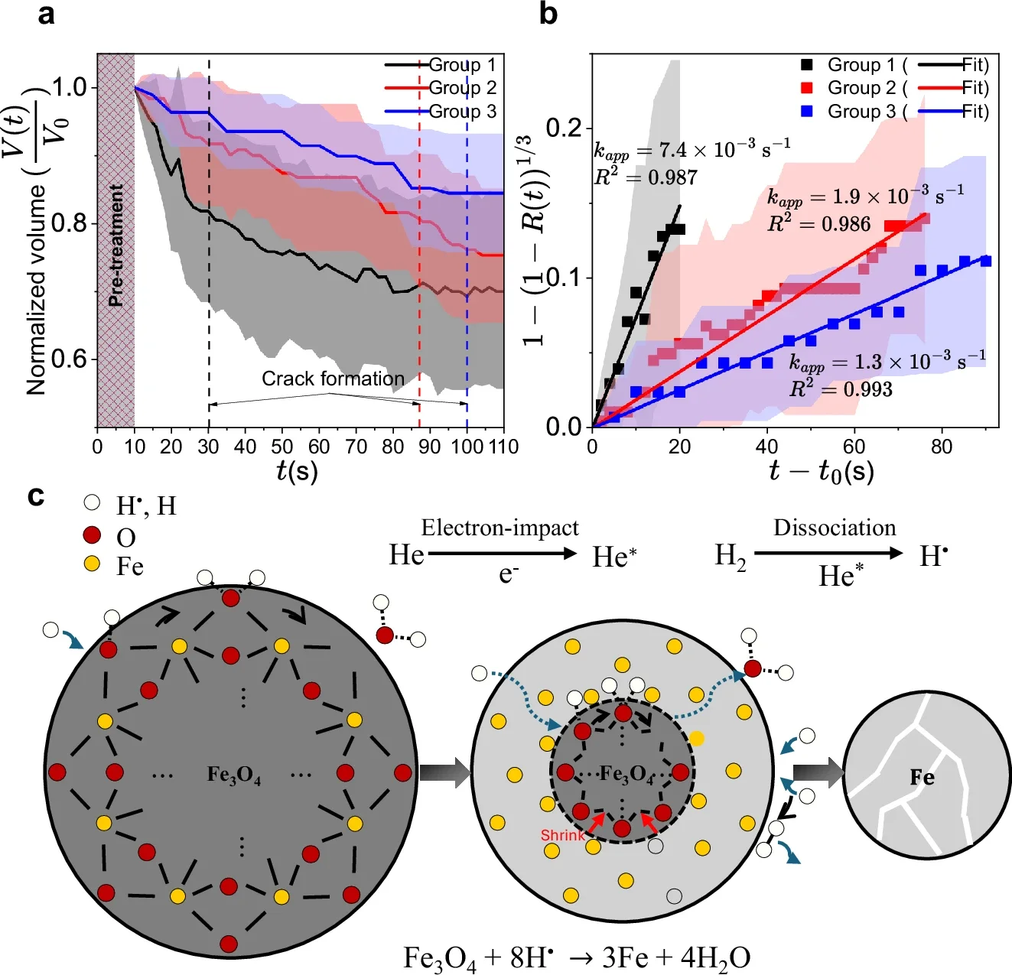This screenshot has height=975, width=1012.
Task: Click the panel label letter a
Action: pos(46,14)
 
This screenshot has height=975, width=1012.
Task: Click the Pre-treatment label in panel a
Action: pos(116,245)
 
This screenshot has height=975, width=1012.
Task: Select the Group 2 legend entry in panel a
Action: pos(462,88)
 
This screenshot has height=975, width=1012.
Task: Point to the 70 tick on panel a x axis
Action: pos(356,447)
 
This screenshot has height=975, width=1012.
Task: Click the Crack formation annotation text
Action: pos(333,379)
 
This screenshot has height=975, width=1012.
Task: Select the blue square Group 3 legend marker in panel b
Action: pos(806,112)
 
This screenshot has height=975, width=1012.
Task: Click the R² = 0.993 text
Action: pos(841,389)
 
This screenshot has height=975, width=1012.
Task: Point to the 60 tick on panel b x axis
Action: pos(854,447)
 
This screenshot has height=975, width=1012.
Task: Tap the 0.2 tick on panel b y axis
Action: pos(565,128)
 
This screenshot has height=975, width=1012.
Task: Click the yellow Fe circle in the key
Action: pos(93,564)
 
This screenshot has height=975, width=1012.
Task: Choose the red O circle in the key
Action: pos(93,535)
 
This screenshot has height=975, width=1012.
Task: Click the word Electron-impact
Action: pos(499,528)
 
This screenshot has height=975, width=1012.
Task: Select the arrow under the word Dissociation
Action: pos(828,554)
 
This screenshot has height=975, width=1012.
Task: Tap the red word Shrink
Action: pos(562,835)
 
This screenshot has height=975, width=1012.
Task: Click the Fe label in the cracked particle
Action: pos(922,778)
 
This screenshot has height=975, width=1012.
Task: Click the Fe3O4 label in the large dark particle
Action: pos(234,775)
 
